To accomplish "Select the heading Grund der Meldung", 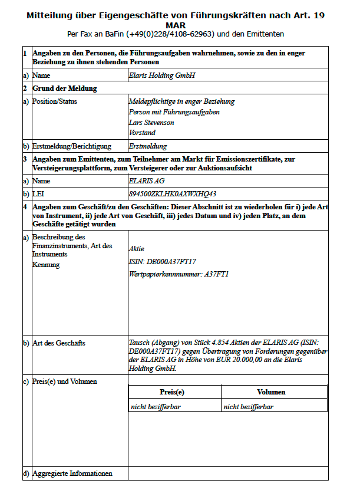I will pyautogui.click(x=65, y=88).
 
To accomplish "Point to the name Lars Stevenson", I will pyautogui.click(x=151, y=123).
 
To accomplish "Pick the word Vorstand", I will pyautogui.click(x=142, y=133).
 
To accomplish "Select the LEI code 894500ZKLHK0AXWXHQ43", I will pyautogui.click(x=172, y=193).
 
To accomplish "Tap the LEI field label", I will pyautogui.click(x=38, y=193).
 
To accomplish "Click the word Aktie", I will pyautogui.click(x=136, y=249).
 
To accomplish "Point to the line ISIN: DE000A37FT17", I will pyautogui.click(x=162, y=262).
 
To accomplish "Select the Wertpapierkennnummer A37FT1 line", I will pyautogui.click(x=179, y=274).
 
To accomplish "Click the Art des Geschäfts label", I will pyautogui.click(x=58, y=343).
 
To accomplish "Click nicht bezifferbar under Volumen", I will pyautogui.click(x=248, y=406).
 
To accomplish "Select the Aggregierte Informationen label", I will pyautogui.click(x=72, y=473).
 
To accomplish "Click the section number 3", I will pyautogui.click(x=25, y=159).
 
